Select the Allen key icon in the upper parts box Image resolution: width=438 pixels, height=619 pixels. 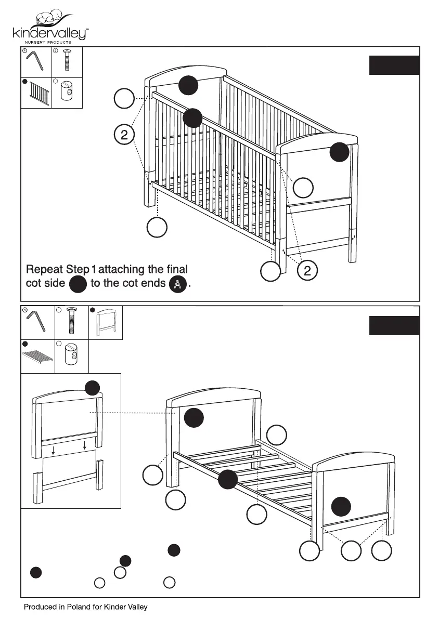[x=35, y=61]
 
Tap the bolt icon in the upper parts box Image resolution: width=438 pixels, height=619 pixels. [x=67, y=61]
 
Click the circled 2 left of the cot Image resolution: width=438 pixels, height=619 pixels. [x=124, y=135]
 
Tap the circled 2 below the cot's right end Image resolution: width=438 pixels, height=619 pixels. [x=307, y=270]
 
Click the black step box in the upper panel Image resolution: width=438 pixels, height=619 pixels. [x=394, y=65]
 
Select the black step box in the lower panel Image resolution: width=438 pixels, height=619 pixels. [x=394, y=325]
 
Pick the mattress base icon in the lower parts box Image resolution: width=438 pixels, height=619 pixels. [x=38, y=357]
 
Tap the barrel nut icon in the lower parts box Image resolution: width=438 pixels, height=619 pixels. [x=71, y=357]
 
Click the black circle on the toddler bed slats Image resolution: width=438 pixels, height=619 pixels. [x=227, y=479]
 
